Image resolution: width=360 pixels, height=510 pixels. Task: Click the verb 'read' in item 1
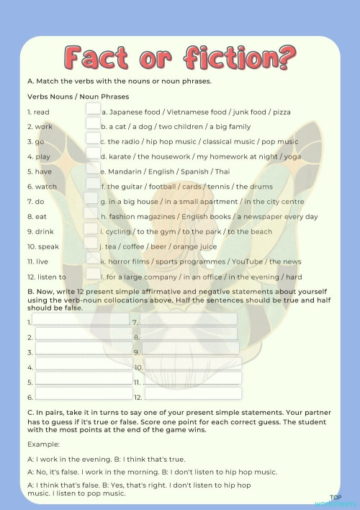click(x=41, y=112)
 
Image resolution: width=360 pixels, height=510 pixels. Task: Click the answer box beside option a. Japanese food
click(x=93, y=109)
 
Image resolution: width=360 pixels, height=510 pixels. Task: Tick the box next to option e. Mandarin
click(x=92, y=169)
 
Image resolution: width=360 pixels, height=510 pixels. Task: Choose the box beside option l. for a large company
click(x=93, y=274)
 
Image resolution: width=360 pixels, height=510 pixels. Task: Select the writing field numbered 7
click(x=188, y=319)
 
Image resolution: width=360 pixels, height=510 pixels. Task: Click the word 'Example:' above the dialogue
click(x=43, y=444)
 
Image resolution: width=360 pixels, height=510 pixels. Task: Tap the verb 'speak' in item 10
click(x=45, y=246)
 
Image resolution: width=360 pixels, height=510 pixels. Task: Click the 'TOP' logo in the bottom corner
click(x=336, y=497)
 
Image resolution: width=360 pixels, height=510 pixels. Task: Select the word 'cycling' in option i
click(x=119, y=232)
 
